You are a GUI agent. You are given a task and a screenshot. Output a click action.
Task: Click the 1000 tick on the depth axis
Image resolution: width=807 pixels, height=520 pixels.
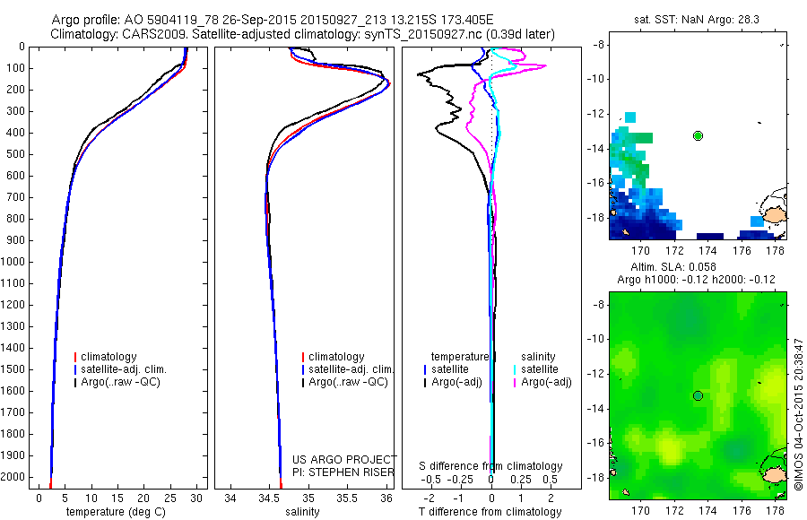coord(16,262)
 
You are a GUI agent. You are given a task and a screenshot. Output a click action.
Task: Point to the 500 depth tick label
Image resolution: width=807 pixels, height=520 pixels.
coord(16,154)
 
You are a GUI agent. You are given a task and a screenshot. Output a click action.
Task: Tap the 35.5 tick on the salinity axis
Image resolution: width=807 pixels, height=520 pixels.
coord(347,497)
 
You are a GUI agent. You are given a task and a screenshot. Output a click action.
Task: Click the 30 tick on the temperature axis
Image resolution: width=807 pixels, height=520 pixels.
coord(197,497)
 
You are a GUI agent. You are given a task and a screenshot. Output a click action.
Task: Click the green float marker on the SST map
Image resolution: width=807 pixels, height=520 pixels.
coord(698,135)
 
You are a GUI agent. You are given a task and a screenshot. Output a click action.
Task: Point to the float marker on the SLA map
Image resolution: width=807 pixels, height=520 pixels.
coord(698,395)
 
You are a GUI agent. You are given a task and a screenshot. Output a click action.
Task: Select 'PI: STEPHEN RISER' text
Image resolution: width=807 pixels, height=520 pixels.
coord(344,472)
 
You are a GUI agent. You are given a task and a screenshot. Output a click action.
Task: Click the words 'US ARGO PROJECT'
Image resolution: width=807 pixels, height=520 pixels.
coord(344,459)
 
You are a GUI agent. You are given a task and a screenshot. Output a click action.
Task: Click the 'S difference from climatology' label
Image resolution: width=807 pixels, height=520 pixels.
coord(490,466)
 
